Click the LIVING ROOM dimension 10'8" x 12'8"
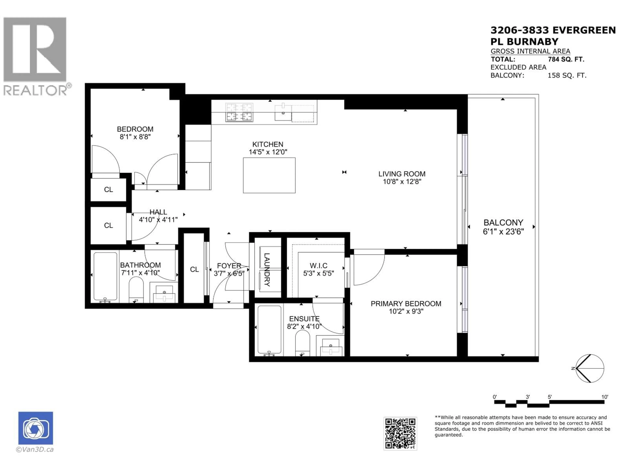[402, 181]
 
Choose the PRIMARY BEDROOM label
[406, 304]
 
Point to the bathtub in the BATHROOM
[105, 276]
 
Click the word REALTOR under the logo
[35, 90]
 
